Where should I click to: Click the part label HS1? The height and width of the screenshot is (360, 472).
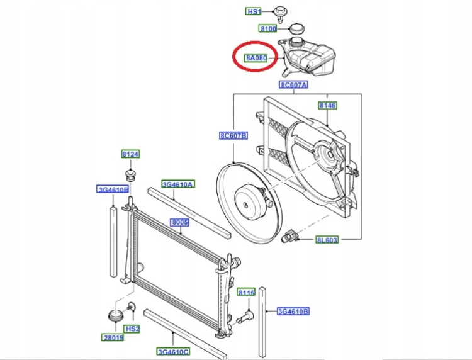pyautogui.click(x=254, y=12)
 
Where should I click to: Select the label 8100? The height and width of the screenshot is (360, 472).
pyautogui.click(x=268, y=29)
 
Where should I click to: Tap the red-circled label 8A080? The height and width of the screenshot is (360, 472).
pyautogui.click(x=256, y=58)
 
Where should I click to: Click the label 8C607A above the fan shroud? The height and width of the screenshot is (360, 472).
pyautogui.click(x=294, y=85)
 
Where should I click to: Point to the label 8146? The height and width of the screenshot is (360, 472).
pyautogui.click(x=328, y=105)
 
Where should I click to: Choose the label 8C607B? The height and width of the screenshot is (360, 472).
pyautogui.click(x=233, y=136)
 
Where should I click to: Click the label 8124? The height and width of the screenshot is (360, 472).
pyautogui.click(x=131, y=154)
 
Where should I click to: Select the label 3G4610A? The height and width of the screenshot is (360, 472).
pyautogui.click(x=178, y=184)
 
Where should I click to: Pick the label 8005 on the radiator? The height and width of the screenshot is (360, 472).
pyautogui.click(x=180, y=222)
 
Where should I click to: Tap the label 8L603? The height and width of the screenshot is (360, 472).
pyautogui.click(x=327, y=240)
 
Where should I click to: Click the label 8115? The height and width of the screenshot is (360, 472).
pyautogui.click(x=246, y=292)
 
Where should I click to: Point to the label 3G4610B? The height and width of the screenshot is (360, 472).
pyautogui.click(x=293, y=312)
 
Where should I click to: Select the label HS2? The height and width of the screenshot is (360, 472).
pyautogui.click(x=132, y=329)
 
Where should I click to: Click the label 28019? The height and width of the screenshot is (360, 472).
pyautogui.click(x=113, y=338)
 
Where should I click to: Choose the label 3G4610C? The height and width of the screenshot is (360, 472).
pyautogui.click(x=173, y=352)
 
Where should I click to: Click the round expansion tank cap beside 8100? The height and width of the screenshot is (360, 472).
pyautogui.click(x=296, y=28)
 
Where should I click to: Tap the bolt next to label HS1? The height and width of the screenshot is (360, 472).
pyautogui.click(x=280, y=14)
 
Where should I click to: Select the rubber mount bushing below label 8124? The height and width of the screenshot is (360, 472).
pyautogui.click(x=130, y=175)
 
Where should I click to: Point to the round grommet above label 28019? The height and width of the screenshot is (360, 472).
pyautogui.click(x=115, y=315)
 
